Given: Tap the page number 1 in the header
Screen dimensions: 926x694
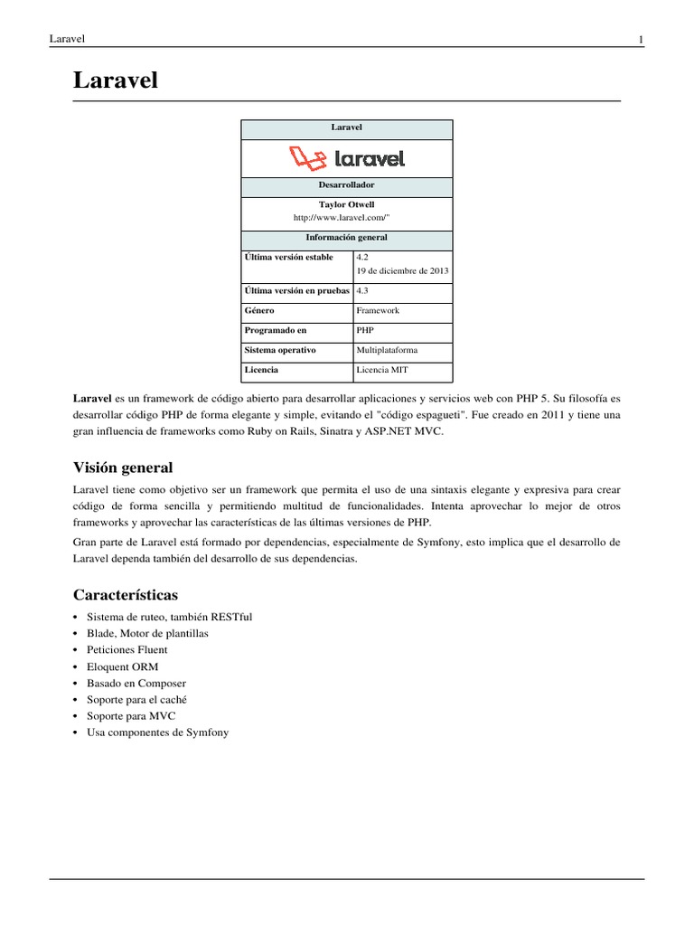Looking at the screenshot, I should coord(640,39).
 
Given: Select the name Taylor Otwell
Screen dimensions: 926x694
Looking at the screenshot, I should coord(346,204).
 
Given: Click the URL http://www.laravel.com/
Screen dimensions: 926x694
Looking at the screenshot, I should coord(346,218).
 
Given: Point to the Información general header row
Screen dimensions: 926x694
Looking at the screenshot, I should coord(346,238).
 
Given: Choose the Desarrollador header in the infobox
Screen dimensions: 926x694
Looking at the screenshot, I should coord(346,184).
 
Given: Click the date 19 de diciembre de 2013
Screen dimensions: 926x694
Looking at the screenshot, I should coord(402,270).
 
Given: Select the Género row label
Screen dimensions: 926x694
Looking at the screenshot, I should coord(259,310).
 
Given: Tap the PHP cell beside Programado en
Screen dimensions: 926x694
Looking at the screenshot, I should coord(365,330).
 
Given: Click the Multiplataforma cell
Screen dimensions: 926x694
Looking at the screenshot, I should coord(388,350).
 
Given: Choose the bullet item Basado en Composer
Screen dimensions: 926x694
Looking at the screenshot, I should coord(136,683).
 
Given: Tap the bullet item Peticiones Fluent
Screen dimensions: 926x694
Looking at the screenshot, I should coord(127,649).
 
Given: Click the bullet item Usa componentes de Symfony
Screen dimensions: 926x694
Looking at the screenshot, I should coord(158,732).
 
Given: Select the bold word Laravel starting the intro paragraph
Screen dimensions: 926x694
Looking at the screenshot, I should coord(92,398).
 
